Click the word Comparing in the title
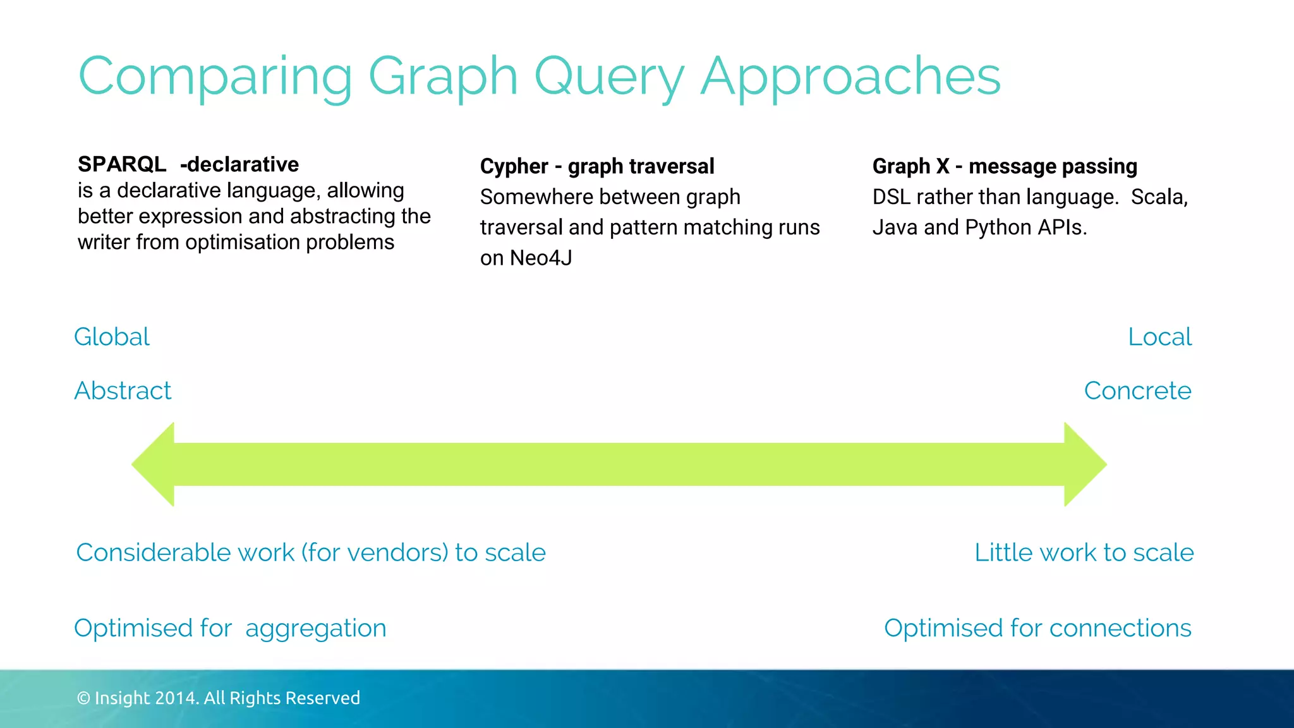215,77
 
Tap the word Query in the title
609,77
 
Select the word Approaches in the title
850,77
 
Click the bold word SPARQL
122,164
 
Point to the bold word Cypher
514,166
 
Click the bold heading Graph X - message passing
1005,166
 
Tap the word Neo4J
541,258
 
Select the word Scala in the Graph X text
1158,197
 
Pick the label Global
112,337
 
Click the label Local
1159,337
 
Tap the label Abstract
123,391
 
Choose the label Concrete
1137,391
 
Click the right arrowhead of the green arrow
1084,464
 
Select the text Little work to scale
1084,552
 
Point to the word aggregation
315,628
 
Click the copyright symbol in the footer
83,698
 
